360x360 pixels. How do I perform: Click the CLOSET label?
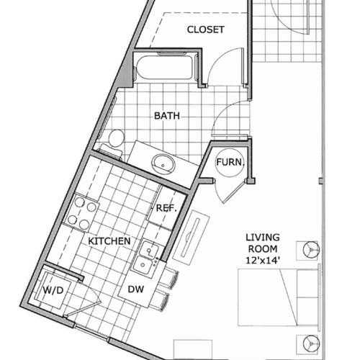[x=205, y=30]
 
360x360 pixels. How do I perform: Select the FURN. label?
[x=230, y=162]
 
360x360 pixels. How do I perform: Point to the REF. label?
[x=166, y=207]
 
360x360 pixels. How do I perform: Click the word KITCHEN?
[x=109, y=241]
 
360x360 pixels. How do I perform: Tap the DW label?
[x=135, y=289]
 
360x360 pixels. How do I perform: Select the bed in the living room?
[x=277, y=295]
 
